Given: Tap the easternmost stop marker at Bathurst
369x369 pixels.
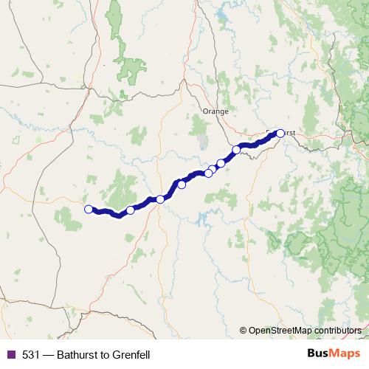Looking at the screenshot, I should (280, 134).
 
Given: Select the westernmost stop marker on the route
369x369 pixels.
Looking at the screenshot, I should (89, 209).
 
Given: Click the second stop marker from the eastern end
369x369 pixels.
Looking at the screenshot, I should (237, 151).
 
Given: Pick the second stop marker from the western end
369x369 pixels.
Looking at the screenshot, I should (131, 210).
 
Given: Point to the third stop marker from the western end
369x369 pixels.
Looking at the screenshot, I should (160, 199).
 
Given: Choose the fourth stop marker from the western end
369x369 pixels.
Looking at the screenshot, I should (182, 184).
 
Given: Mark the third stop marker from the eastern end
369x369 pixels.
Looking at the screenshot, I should (221, 163).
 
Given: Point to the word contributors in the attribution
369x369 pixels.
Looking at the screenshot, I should (338, 331).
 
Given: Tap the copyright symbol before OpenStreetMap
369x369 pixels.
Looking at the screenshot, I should (243, 331).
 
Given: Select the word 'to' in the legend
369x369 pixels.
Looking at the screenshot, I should (103, 355).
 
